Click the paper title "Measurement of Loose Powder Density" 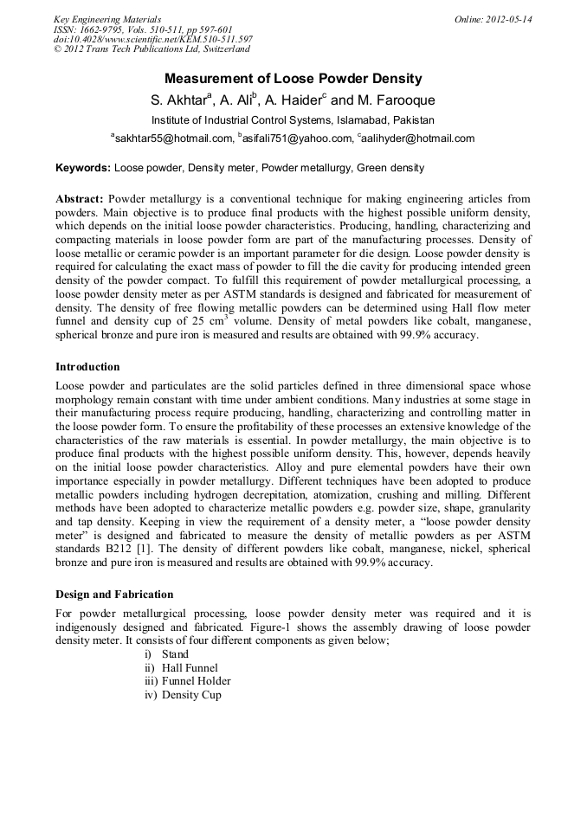[293, 78]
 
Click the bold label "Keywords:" [83, 167]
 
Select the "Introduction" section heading [87, 367]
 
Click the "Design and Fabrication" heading [114, 595]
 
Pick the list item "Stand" [175, 654]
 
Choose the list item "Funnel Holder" [197, 681]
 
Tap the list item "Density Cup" [191, 695]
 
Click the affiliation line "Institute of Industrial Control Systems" [293, 120]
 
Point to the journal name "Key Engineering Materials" [106, 19]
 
